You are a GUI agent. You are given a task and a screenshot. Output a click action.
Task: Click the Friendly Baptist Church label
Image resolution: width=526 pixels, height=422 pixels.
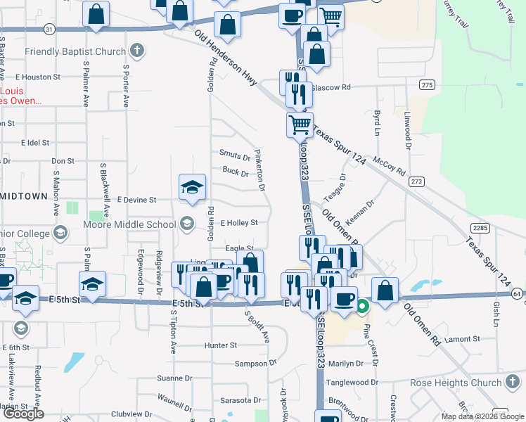point(76,51)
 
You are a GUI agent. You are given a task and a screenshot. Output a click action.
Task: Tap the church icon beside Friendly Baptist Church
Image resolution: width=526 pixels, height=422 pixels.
point(137,51)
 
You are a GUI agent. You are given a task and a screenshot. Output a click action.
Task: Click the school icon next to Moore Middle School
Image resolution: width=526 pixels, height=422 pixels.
point(186,224)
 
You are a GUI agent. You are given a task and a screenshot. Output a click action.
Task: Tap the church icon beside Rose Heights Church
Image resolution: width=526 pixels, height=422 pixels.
point(513,383)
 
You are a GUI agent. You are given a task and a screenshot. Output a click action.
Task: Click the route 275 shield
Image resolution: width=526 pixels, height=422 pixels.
point(427,84)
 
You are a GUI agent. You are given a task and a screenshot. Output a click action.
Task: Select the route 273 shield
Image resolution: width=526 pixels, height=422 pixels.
point(417,181)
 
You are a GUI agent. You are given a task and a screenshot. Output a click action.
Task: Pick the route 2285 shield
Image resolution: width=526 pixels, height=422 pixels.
point(481,227)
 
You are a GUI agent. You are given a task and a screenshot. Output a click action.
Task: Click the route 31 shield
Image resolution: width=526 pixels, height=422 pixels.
point(48,30)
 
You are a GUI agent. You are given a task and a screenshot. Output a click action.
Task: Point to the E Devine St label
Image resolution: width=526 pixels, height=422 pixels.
point(136,200)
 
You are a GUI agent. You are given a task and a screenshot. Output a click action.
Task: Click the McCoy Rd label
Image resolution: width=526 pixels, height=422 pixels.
point(390,166)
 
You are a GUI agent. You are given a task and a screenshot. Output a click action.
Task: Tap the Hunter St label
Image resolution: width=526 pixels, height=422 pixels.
point(220,345)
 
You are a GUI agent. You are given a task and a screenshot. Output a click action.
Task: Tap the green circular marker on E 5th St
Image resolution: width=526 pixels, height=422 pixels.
point(362,306)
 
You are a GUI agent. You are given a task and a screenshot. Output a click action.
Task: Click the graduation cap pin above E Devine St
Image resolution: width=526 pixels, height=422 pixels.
point(192,186)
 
